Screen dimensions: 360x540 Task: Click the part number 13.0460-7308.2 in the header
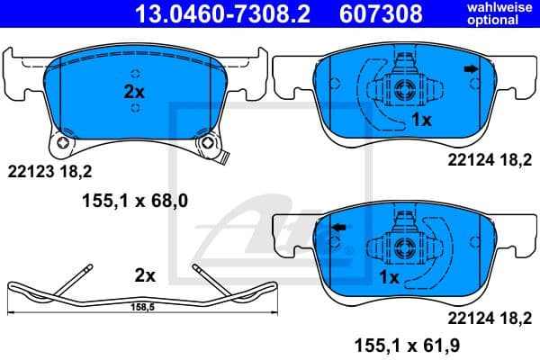pos(209,13)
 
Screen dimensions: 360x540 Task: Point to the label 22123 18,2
pos(50,168)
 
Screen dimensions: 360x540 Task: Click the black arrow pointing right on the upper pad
pos(469,69)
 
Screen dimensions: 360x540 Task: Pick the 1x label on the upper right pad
pos(422,119)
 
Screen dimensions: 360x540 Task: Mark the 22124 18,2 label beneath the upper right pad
pos(483,159)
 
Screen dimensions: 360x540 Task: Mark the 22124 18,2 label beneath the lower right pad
pos(483,317)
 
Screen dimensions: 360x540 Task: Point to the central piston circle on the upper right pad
pos(401,88)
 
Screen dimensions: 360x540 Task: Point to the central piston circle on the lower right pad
pos(401,247)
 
